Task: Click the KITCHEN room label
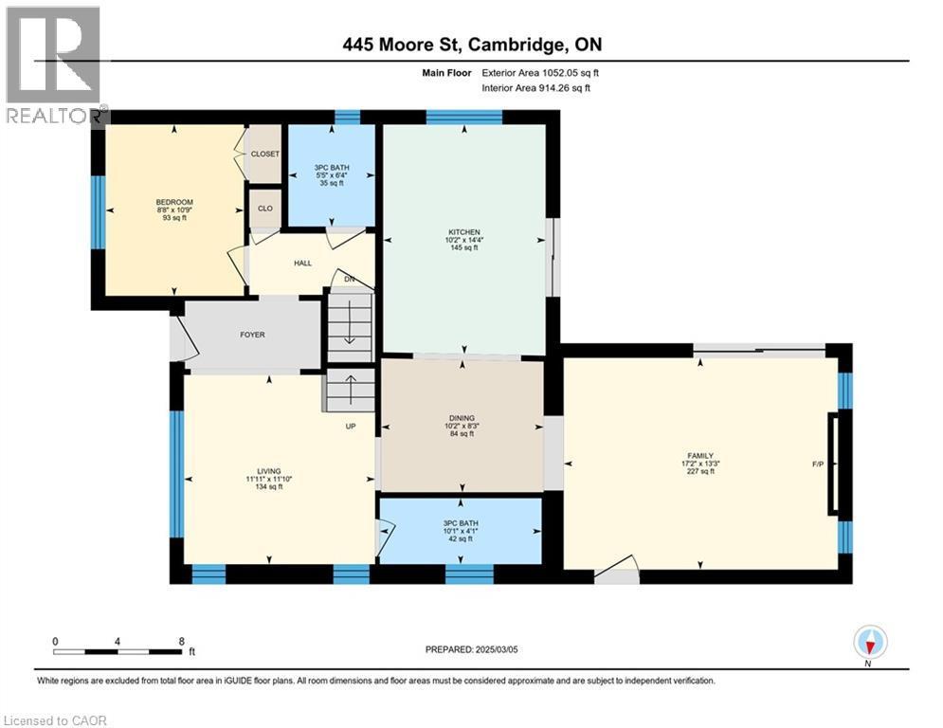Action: tap(464, 232)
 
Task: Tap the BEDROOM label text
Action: tap(174, 202)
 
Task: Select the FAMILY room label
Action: tap(699, 455)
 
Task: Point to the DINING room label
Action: tap(462, 418)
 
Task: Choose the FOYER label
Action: tap(252, 335)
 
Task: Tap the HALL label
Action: tap(303, 264)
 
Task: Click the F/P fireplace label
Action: tap(819, 464)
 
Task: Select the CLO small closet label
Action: tap(265, 209)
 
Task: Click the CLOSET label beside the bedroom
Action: tap(263, 154)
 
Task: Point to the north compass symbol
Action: tap(869, 644)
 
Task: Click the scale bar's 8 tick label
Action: tap(180, 641)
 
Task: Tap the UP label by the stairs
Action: tap(350, 426)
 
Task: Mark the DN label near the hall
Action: tap(349, 280)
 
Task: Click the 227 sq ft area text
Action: tap(699, 471)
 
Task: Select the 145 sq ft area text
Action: tap(464, 248)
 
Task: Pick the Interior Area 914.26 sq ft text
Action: tap(535, 87)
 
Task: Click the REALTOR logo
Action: tap(54, 64)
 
